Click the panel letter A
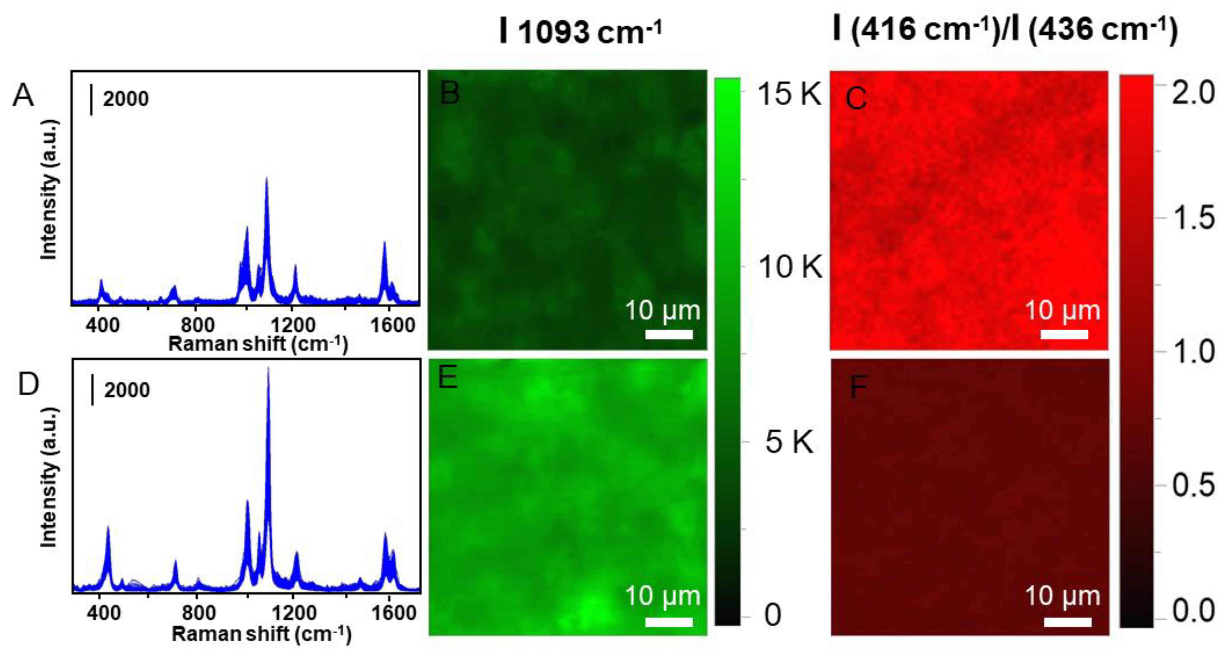[23, 95]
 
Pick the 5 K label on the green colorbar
[789, 442]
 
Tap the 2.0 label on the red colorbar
[1193, 92]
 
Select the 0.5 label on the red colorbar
[1193, 486]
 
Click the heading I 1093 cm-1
[581, 31]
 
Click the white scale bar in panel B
[669, 334]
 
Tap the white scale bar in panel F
[1068, 622]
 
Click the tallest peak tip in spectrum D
[268, 368]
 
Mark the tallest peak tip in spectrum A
[267, 178]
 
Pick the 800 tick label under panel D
[198, 613]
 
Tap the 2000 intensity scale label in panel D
[127, 390]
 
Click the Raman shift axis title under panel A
[258, 344]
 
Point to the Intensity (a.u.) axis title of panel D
[49, 478]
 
